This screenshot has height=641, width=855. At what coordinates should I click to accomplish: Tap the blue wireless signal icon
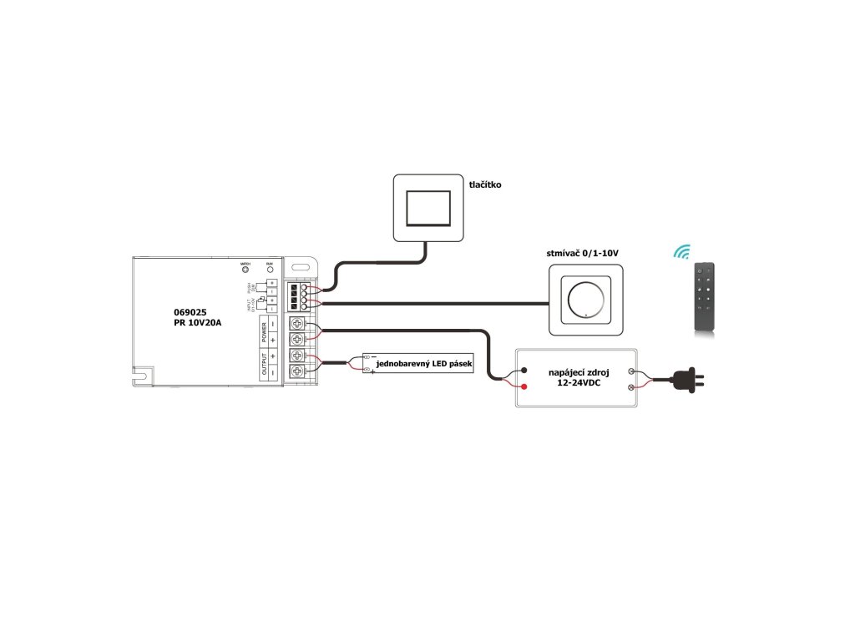coord(683,251)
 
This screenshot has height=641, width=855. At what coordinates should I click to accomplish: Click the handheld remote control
coord(705,298)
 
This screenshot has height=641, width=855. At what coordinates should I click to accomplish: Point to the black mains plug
coord(691,380)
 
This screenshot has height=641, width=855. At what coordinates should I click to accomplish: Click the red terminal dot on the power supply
coord(524,386)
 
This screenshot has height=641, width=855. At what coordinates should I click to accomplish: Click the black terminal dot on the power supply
coord(524,371)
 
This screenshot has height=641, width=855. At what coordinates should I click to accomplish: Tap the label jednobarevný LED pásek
coord(423,365)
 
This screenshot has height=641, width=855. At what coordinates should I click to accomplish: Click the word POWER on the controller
coord(264,331)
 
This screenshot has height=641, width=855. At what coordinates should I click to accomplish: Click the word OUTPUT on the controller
coord(264,366)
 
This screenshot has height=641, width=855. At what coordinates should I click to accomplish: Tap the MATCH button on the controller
coord(245,270)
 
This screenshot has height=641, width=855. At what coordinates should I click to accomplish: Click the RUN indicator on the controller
coord(269,270)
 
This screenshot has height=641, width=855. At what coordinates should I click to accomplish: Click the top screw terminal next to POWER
coord(296,324)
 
